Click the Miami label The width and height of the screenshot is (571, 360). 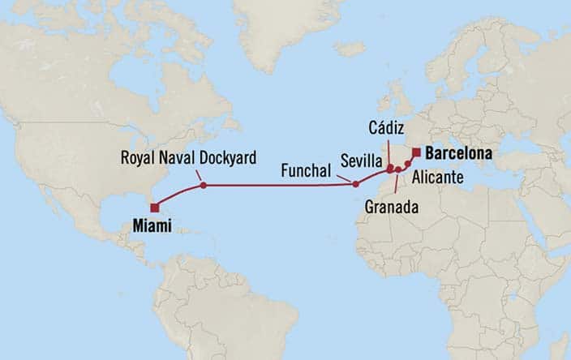[151, 226]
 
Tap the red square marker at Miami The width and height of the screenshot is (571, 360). [154, 208]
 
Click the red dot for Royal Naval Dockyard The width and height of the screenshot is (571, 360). [203, 186]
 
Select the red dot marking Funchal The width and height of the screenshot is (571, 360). [355, 184]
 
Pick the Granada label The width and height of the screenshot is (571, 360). [393, 208]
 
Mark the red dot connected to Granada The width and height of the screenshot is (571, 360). [397, 169]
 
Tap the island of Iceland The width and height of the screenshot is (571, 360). [350, 49]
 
